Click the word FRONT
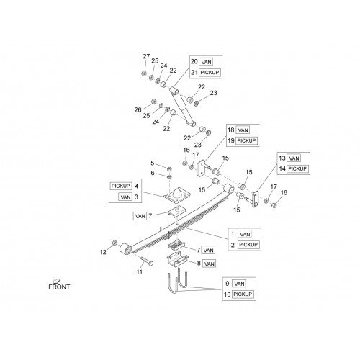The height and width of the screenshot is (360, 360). pyautogui.click(x=59, y=287)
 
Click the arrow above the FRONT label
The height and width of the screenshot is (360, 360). pyautogui.click(x=57, y=281)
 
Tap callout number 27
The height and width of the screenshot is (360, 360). pyautogui.click(x=146, y=56)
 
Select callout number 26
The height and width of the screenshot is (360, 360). pyautogui.click(x=138, y=110)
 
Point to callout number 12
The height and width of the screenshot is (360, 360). pyautogui.click(x=103, y=252)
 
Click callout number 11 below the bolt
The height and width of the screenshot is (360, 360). pyautogui.click(x=140, y=272)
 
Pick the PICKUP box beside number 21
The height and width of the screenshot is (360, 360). pyautogui.click(x=210, y=73)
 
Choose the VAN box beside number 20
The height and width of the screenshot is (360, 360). pyautogui.click(x=207, y=62)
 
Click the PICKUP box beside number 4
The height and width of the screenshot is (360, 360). pyautogui.click(x=121, y=186)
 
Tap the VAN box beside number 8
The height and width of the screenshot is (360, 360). pyautogui.click(x=210, y=264)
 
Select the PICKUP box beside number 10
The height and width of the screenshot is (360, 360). pyautogui.click(x=243, y=294)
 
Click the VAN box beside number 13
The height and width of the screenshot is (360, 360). pyautogui.click(x=294, y=158)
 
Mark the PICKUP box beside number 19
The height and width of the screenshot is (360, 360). pyautogui.click(x=246, y=140)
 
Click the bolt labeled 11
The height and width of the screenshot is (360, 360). pyautogui.click(x=147, y=261)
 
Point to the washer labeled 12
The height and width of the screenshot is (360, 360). pyautogui.click(x=114, y=243)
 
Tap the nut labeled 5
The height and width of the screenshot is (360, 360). pyautogui.click(x=169, y=168)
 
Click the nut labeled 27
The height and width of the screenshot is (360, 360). pyautogui.click(x=144, y=73)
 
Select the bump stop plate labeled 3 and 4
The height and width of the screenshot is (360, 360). pyautogui.click(x=177, y=194)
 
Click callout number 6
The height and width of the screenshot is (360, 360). pyautogui.click(x=153, y=173)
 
